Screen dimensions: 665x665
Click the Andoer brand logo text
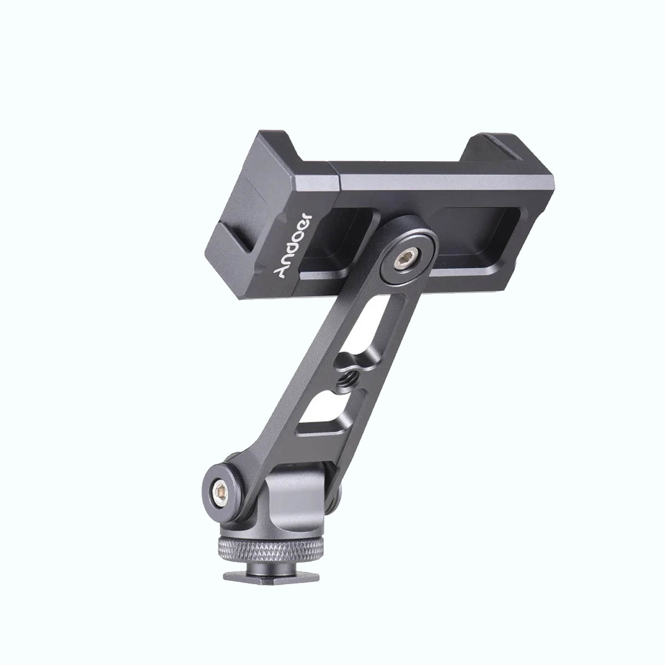tap(293, 245)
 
